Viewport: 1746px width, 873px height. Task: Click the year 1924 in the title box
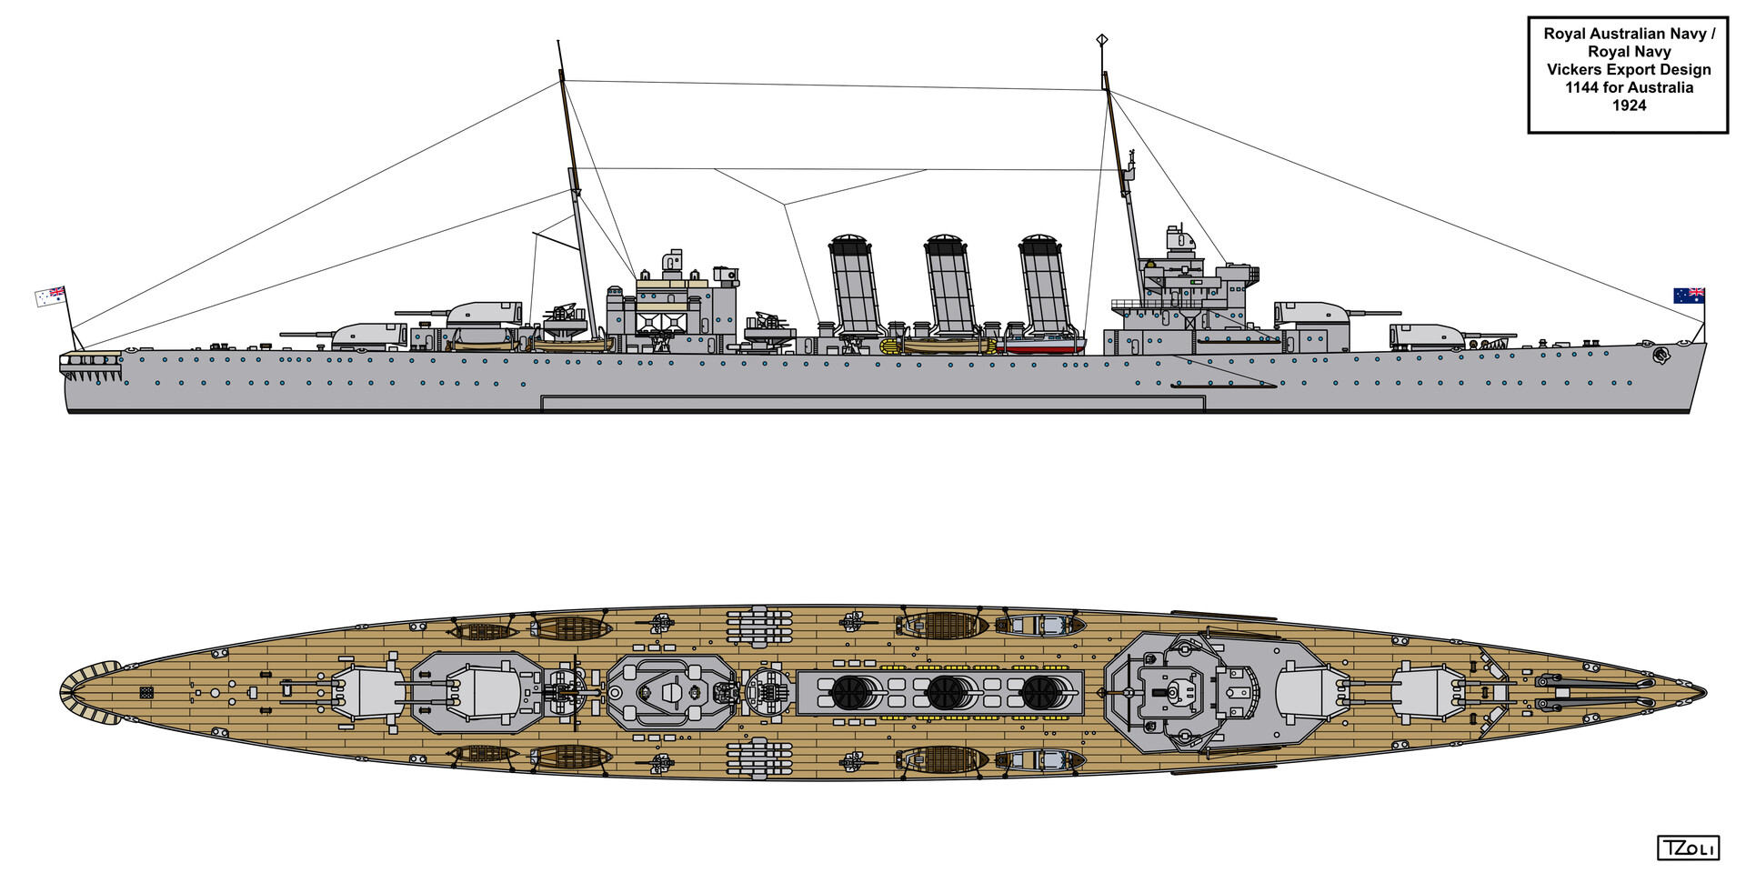(x=1629, y=105)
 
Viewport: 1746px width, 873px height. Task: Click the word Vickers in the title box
(x=1578, y=70)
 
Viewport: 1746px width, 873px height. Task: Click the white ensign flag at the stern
(x=51, y=296)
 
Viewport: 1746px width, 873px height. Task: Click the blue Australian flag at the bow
(x=1690, y=296)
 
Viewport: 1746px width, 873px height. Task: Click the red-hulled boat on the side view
(x=1042, y=345)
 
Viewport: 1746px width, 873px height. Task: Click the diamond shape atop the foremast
(x=1103, y=39)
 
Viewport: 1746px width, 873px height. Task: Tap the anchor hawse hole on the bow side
(x=1661, y=356)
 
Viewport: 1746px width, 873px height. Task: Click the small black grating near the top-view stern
(x=146, y=693)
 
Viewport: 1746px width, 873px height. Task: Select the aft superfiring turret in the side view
(x=482, y=314)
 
